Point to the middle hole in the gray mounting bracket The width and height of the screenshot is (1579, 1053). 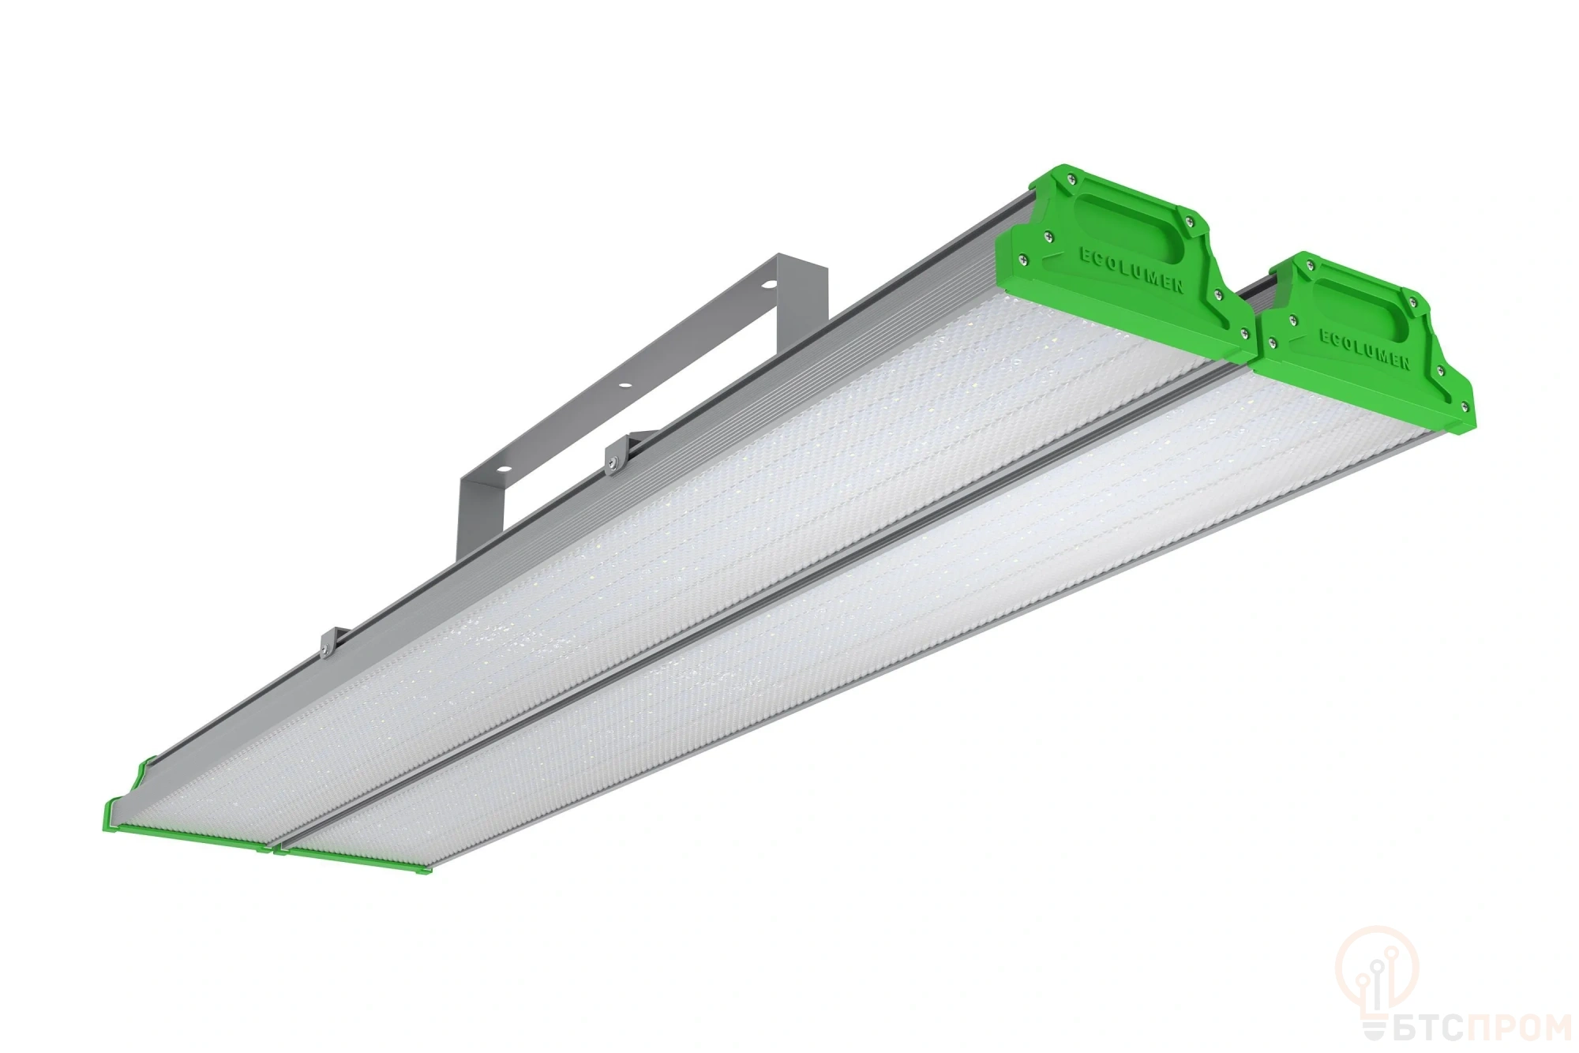coord(624,384)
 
